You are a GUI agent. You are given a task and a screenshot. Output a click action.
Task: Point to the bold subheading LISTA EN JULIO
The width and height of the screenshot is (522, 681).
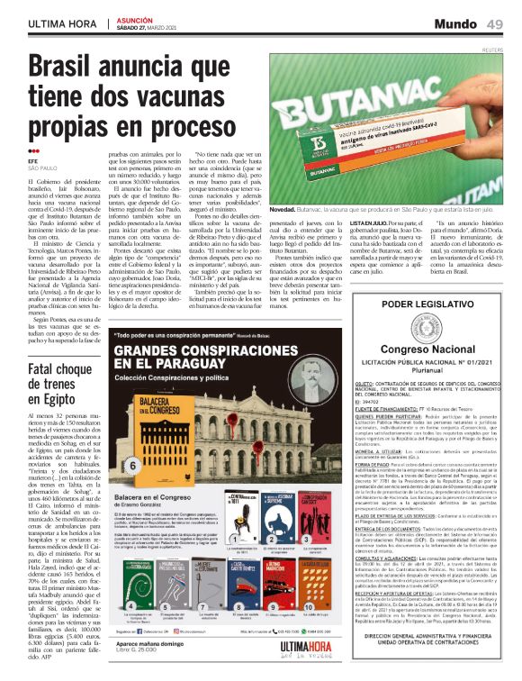point(368,222)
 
